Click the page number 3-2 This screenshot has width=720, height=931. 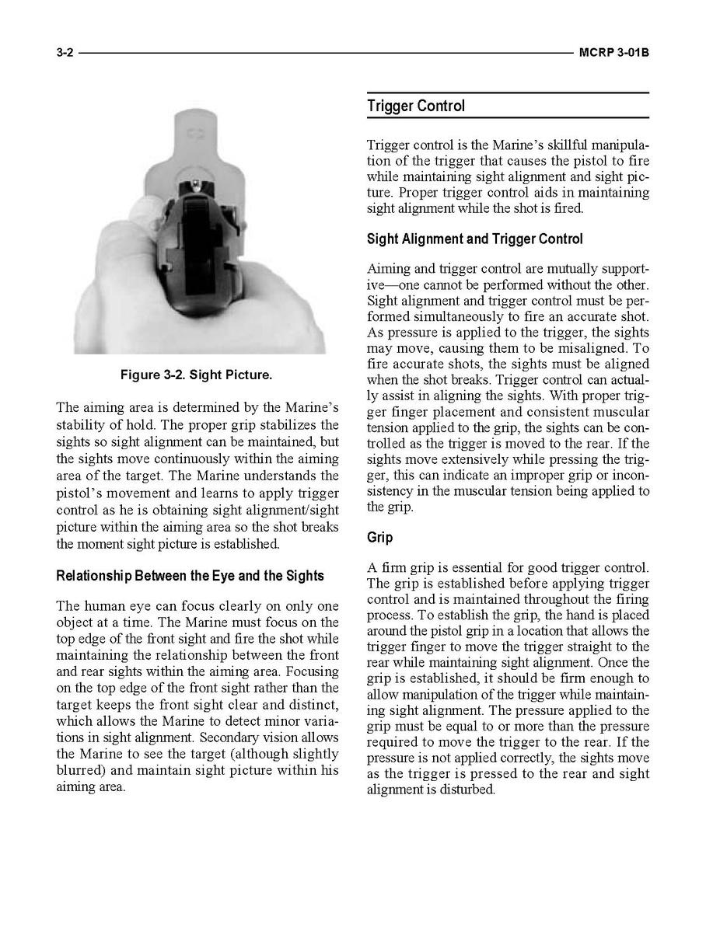pos(65,54)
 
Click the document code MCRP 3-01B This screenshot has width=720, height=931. pos(613,54)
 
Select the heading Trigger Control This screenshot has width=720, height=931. pos(416,106)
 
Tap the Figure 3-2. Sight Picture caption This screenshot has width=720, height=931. pos(196,375)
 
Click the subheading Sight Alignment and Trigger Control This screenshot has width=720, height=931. pos(474,239)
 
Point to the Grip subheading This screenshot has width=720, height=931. pos(380,538)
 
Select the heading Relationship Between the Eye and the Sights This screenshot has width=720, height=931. pos(190,577)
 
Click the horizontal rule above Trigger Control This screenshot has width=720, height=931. pos(508,93)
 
